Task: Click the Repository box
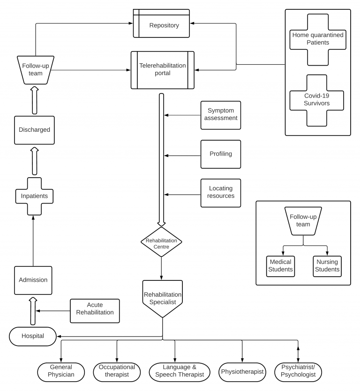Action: (x=161, y=23)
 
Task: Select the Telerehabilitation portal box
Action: (x=163, y=70)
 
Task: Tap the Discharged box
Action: (x=34, y=130)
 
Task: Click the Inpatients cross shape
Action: (x=34, y=196)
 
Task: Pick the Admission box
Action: (x=33, y=280)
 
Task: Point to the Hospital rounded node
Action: (x=33, y=337)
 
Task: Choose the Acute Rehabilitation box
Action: (x=95, y=311)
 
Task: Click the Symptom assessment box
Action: (x=221, y=115)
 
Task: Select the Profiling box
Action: (x=221, y=154)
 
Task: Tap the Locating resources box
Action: (x=221, y=193)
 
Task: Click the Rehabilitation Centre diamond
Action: (x=161, y=242)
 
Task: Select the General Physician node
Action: (x=61, y=372)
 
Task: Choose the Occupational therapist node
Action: (x=117, y=372)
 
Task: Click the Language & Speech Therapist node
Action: (x=180, y=372)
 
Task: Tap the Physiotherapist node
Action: (x=242, y=372)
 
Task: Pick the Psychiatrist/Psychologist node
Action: (x=298, y=372)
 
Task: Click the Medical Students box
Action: (x=280, y=266)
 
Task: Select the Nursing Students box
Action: (x=327, y=266)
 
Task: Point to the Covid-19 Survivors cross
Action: (x=316, y=100)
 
